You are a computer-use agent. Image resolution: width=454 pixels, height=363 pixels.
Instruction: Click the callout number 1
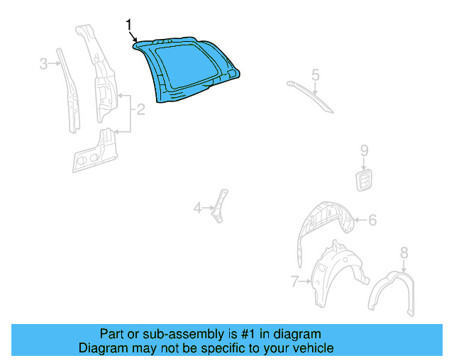tap(129, 26)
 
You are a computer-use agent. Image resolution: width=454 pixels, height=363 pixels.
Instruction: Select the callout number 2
tap(140, 109)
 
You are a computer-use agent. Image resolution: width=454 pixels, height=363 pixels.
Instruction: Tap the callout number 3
tap(43, 64)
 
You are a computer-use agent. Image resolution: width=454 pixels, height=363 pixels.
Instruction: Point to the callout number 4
tap(198, 208)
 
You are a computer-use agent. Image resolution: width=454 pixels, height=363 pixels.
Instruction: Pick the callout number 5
tap(316, 74)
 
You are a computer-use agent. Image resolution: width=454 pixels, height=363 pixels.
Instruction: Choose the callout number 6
tap(372, 220)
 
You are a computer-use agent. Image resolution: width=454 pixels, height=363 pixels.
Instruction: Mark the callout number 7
tap(295, 282)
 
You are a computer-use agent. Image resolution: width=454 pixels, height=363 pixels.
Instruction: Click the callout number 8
tap(404, 252)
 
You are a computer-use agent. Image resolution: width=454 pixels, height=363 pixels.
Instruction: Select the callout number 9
tap(364, 150)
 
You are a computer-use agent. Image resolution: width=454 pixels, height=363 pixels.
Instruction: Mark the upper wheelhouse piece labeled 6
tap(323, 220)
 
